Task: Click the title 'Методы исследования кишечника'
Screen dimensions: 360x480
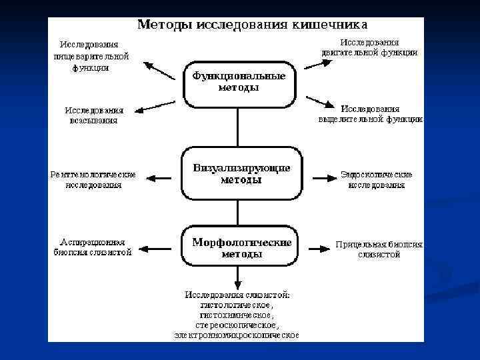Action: click(x=252, y=25)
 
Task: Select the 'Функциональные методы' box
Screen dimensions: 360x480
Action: click(x=239, y=82)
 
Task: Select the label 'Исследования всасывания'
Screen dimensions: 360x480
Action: click(x=94, y=115)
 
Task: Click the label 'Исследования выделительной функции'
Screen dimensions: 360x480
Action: click(x=370, y=114)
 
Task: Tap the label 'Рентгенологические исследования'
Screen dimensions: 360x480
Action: click(x=93, y=179)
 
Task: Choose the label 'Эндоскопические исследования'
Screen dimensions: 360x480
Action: click(x=376, y=179)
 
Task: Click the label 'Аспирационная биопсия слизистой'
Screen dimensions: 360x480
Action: click(x=93, y=247)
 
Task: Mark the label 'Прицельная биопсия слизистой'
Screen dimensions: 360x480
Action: click(x=379, y=249)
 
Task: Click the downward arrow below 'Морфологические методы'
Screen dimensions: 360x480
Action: click(x=238, y=276)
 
